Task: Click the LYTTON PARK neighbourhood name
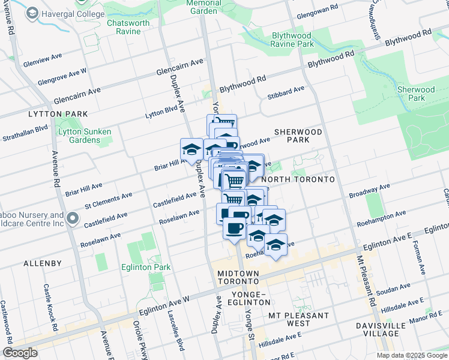click(58, 113)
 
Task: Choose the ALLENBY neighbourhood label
click(43, 263)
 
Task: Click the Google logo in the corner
click(20, 353)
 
